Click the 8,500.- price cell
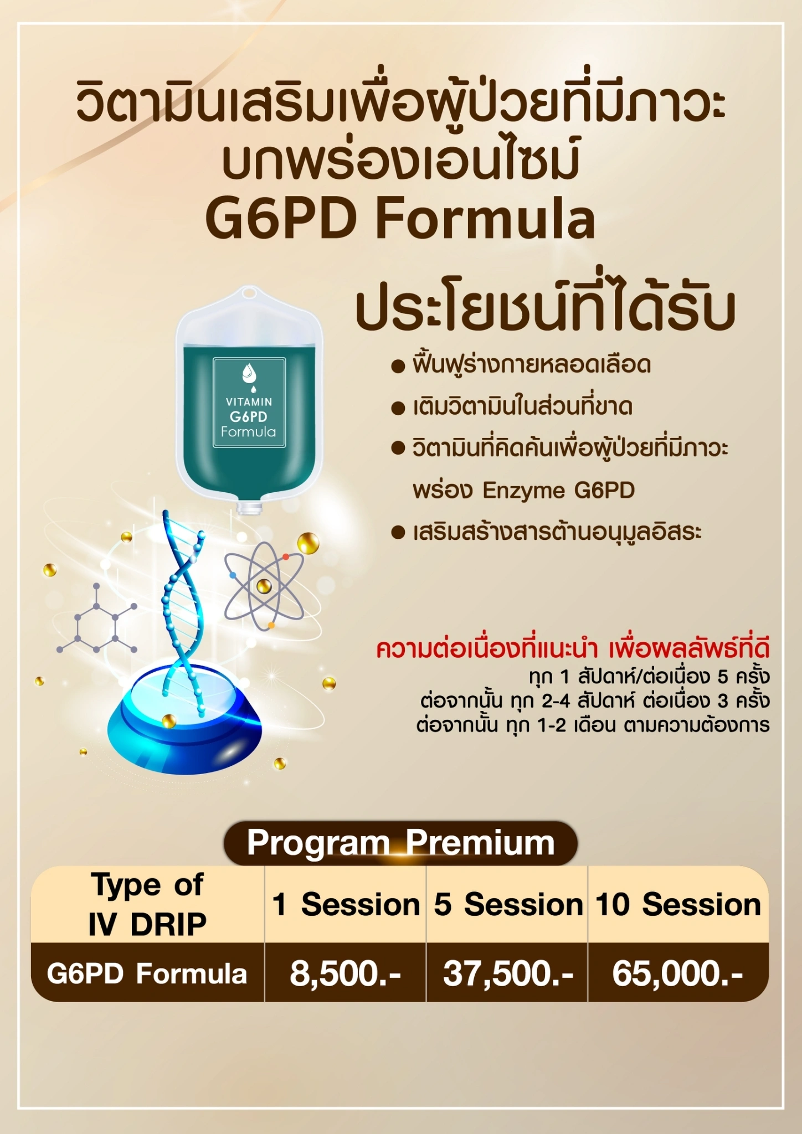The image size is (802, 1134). (x=345, y=973)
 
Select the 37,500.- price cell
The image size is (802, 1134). (x=507, y=973)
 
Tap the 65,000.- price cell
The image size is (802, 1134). (x=677, y=973)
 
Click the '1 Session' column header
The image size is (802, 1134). (x=345, y=904)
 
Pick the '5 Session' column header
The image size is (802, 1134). (x=507, y=904)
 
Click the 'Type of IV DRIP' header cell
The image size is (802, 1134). (x=147, y=904)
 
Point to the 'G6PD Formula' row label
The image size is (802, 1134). (x=147, y=973)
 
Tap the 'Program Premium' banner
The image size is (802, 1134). (x=400, y=843)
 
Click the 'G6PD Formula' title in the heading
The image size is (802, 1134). (x=400, y=219)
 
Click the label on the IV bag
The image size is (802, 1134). (x=249, y=403)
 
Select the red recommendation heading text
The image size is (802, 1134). (x=573, y=649)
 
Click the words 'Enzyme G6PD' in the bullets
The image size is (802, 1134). (x=559, y=491)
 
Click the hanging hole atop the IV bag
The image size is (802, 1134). (x=249, y=293)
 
